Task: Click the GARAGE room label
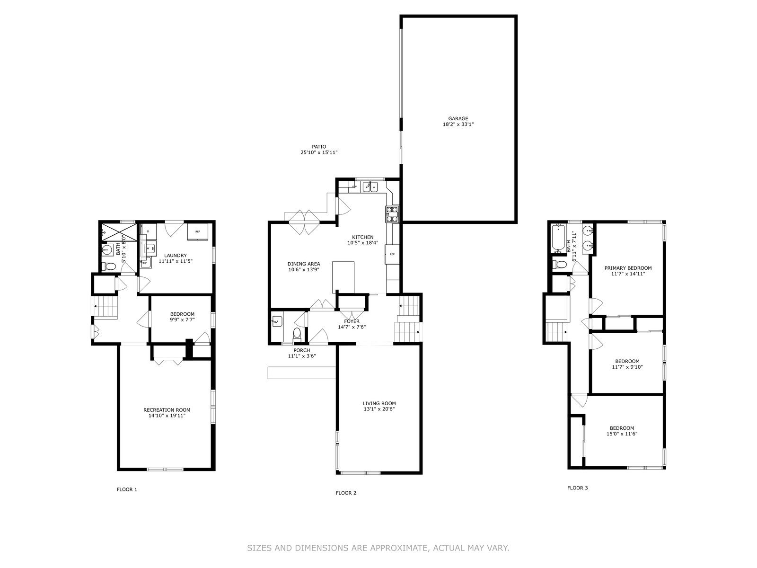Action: click(x=458, y=119)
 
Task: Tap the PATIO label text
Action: click(x=319, y=147)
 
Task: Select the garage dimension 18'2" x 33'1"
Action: click(x=458, y=124)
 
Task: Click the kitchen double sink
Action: click(x=370, y=187)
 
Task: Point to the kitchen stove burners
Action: click(x=392, y=214)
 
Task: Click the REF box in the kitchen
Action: click(x=392, y=254)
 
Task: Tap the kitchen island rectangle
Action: click(x=343, y=277)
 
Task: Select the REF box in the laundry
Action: click(x=198, y=231)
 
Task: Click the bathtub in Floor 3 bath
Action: click(x=558, y=238)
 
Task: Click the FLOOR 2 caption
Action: click(x=346, y=493)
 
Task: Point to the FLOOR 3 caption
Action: click(x=577, y=488)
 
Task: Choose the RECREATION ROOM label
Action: click(x=167, y=410)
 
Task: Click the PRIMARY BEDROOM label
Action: click(x=628, y=268)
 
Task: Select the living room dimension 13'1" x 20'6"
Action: click(x=379, y=409)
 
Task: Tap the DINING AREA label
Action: click(x=304, y=264)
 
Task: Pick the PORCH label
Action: click(x=302, y=350)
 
